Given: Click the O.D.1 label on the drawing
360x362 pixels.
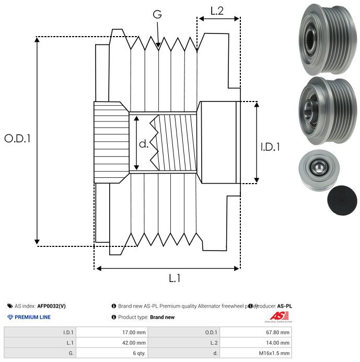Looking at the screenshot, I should click(x=18, y=139).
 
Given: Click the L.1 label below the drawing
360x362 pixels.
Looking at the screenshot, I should click(x=175, y=278).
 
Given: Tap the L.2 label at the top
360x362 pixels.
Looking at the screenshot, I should click(x=217, y=10).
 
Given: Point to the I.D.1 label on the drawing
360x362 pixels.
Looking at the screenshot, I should click(x=270, y=147).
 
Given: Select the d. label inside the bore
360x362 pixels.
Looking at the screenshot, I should click(x=144, y=143).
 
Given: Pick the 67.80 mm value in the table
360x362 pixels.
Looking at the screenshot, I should click(x=277, y=332).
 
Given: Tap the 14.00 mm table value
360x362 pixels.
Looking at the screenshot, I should click(x=277, y=342).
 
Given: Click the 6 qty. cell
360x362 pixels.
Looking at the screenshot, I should click(x=138, y=353).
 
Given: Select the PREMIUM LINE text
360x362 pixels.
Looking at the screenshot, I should click(x=32, y=317).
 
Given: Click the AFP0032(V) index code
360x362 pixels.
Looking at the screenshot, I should click(x=51, y=306).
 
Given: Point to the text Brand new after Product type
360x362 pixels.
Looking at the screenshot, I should click(x=162, y=317).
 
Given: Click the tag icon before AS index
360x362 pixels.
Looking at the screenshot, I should click(x=10, y=306).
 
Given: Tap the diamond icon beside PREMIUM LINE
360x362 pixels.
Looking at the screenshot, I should click(x=10, y=317).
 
